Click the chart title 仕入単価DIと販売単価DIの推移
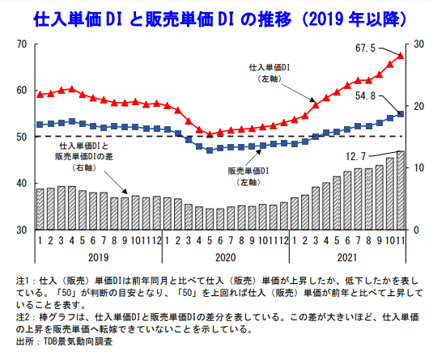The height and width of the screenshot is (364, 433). coord(216,17)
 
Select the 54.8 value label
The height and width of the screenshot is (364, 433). coord(368,96)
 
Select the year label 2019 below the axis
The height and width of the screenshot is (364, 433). coord(97,256)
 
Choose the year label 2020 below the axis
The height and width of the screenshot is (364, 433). coord(224,256)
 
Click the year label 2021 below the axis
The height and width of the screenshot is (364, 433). coord(346,256)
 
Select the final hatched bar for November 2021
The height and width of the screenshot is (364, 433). coord(400,190)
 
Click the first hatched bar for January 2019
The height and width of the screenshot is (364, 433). coord(40,209)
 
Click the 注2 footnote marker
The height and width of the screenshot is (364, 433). coord(24,318)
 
